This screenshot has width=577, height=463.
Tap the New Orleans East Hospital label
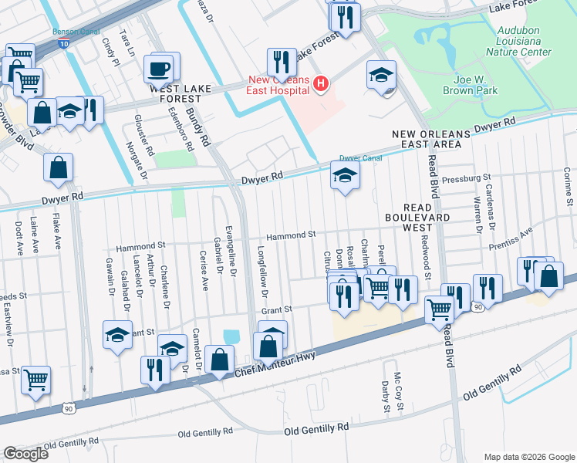click(279, 85)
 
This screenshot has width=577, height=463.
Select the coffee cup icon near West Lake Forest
click(159, 69)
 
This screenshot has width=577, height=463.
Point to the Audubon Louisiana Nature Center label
click(518, 41)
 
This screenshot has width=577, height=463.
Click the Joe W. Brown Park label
click(470, 84)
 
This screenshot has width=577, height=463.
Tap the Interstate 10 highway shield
click(62, 47)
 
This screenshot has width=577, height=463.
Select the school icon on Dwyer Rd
click(345, 177)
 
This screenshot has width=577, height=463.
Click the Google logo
click(25, 454)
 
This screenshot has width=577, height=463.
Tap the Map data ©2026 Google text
click(528, 456)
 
